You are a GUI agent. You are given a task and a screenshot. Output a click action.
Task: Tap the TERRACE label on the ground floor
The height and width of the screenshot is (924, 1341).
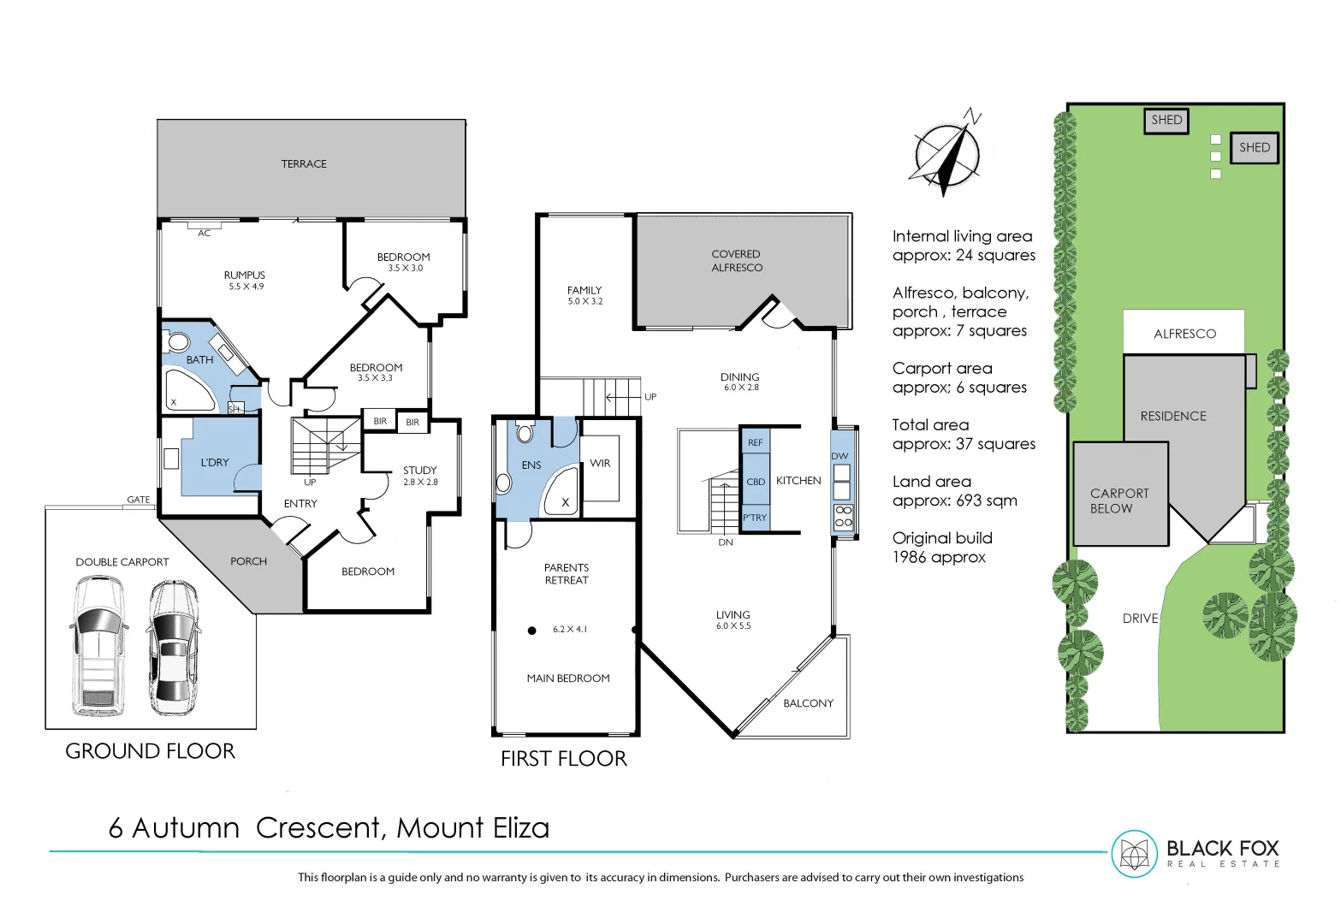[x=304, y=164]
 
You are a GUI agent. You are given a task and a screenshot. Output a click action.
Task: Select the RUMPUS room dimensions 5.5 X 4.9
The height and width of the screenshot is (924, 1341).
[x=246, y=287]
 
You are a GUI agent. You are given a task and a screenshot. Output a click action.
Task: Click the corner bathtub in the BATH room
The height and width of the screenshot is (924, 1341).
[x=189, y=391]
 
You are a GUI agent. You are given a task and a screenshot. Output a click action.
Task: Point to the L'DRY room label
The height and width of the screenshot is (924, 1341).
[x=215, y=463]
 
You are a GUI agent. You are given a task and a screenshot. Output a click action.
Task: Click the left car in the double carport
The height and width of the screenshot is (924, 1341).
[x=99, y=646]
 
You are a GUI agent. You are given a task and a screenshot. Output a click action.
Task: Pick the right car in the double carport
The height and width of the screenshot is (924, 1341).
[x=174, y=648]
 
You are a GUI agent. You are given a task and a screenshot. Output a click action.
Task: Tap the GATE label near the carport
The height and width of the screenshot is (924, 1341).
[x=139, y=500]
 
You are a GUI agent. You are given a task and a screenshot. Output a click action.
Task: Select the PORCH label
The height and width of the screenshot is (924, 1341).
[x=248, y=562]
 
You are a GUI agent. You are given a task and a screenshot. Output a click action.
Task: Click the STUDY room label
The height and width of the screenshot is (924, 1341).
[x=419, y=471]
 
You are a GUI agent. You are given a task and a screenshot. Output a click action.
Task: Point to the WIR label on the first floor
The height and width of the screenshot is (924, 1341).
[x=600, y=464]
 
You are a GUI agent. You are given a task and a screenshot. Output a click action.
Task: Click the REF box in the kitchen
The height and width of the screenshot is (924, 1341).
[x=755, y=442]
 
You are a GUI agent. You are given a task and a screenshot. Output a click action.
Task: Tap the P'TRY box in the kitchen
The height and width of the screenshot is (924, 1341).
[x=755, y=518]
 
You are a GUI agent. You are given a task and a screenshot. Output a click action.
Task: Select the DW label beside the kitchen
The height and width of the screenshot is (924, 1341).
[x=840, y=456]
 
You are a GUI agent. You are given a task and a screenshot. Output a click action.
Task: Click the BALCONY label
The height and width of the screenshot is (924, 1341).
[x=808, y=703]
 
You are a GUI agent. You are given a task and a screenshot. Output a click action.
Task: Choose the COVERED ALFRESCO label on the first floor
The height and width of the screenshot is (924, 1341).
[x=736, y=261]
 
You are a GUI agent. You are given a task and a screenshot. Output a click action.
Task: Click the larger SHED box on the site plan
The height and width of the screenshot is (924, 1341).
[x=1255, y=147]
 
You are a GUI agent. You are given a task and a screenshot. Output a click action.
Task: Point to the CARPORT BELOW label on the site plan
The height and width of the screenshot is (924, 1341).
[x=1119, y=500]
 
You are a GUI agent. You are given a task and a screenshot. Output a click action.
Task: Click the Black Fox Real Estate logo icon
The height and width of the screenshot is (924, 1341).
[x=1134, y=854]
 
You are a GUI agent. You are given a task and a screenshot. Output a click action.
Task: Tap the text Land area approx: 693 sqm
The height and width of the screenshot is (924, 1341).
[x=954, y=491]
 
